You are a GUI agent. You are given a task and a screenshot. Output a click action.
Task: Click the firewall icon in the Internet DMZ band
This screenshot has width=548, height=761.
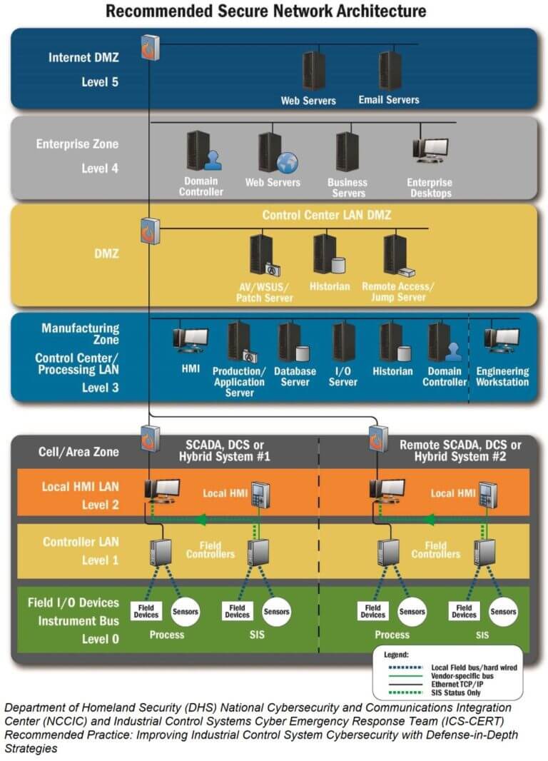150,47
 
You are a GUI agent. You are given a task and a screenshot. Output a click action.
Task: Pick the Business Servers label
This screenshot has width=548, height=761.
347,188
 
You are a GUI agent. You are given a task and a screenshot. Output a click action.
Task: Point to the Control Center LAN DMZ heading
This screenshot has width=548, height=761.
327,214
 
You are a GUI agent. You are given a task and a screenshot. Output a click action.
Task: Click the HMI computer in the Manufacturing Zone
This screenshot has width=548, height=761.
191,341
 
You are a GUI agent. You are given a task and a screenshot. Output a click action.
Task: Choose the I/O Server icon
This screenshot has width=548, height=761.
344,342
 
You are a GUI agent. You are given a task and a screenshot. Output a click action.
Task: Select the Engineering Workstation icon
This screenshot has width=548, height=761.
502,341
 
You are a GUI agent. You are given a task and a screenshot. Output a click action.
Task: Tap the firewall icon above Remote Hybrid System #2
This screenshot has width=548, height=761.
377,438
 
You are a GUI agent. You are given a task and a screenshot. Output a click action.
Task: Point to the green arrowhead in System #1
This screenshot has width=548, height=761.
203,519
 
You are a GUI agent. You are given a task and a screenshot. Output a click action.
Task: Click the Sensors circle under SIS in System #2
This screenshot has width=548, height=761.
503,611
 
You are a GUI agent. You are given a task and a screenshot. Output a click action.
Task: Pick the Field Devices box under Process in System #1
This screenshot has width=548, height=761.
146,611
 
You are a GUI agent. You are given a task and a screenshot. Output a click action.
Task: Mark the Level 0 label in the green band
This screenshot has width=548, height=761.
101,639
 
